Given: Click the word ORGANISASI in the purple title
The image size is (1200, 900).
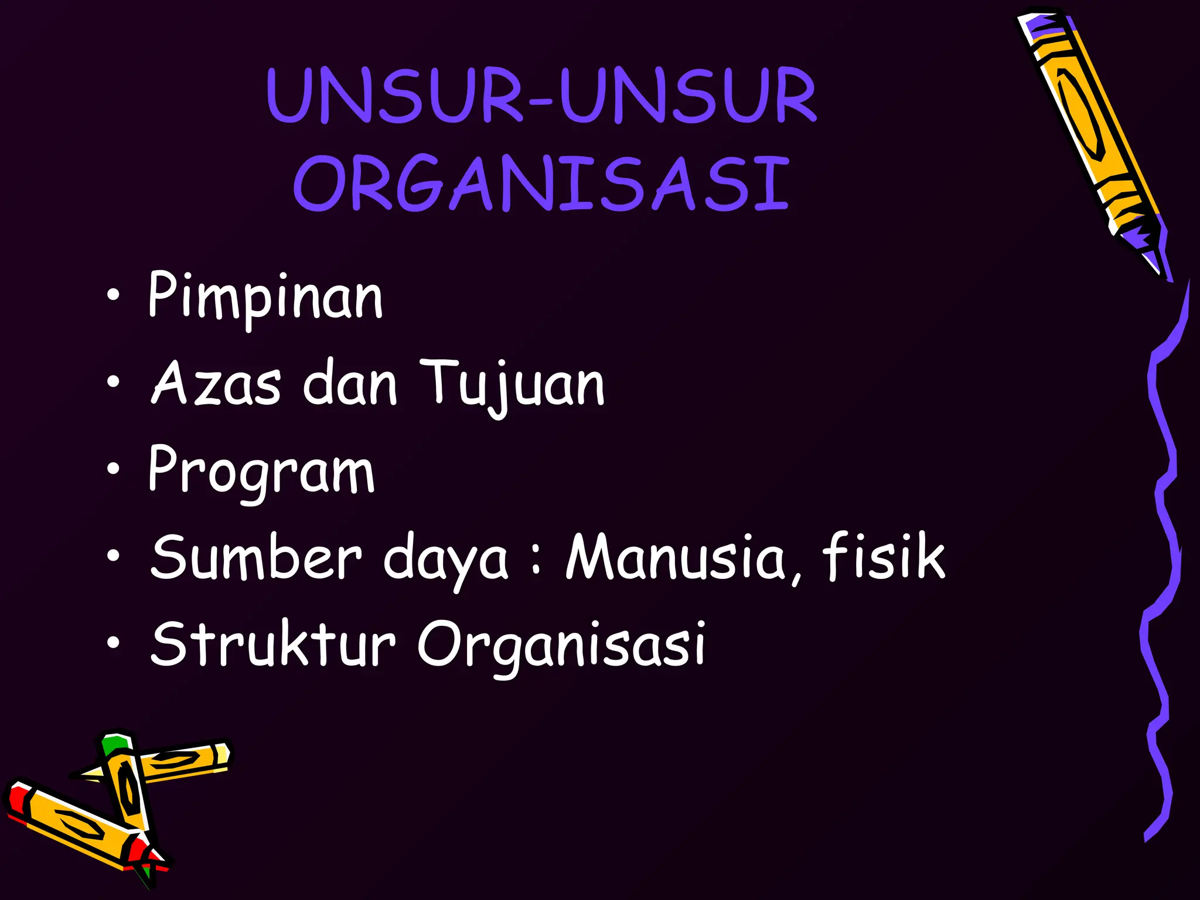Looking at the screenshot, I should pyautogui.click(x=542, y=183).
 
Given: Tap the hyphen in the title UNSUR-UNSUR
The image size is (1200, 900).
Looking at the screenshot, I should pyautogui.click(x=540, y=103).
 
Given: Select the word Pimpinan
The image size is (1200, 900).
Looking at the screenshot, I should pyautogui.click(x=265, y=296).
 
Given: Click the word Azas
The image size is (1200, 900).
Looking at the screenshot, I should pyautogui.click(x=216, y=383).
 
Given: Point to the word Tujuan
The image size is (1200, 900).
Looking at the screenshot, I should pyautogui.click(x=512, y=384).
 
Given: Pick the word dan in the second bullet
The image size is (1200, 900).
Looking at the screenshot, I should pyautogui.click(x=350, y=383).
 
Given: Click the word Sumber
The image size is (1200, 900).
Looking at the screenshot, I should pyautogui.click(x=256, y=557).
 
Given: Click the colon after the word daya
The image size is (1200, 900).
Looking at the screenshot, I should pyautogui.click(x=536, y=560).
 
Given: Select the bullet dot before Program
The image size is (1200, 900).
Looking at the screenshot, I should pyautogui.click(x=114, y=469).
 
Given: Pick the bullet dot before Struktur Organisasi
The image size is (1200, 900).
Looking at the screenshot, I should pyautogui.click(x=114, y=642).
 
